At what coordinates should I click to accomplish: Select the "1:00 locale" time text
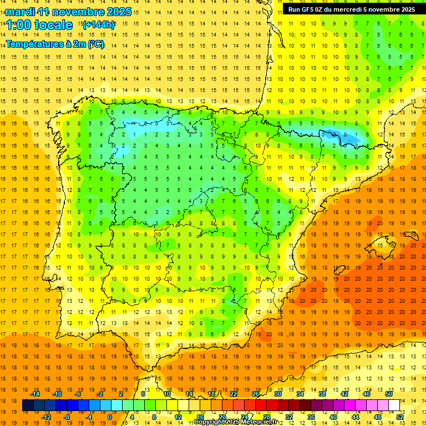click(39, 25)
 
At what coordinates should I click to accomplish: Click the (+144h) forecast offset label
click(98, 24)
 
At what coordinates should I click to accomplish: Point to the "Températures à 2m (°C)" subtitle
click(55, 44)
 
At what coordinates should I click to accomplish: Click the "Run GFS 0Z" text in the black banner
click(308, 9)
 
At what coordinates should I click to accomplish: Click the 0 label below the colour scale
click(110, 417)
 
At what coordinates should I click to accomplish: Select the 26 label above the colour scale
click(256, 394)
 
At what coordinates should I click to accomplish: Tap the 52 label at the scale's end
click(400, 417)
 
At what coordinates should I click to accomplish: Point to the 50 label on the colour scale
click(389, 394)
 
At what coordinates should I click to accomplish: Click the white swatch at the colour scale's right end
click(394, 405)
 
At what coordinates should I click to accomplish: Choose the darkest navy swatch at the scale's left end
click(28, 405)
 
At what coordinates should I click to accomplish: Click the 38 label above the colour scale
click(322, 394)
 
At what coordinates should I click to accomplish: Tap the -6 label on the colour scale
click(78, 394)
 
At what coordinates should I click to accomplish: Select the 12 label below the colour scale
click(177, 417)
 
